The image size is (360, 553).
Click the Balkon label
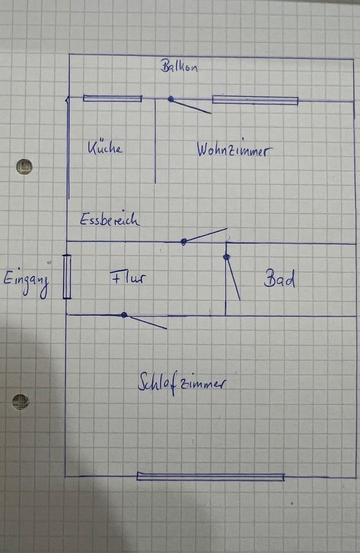[179, 66]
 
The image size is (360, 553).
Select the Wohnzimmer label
[233, 150]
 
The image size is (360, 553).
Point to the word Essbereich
[109, 219]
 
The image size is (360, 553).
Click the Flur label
[127, 278]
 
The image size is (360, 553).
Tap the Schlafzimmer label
[181, 382]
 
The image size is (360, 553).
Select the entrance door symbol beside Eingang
[67, 277]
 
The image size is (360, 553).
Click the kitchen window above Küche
[112, 99]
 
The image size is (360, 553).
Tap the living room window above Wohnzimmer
[255, 100]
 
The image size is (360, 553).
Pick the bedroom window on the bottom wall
[210, 476]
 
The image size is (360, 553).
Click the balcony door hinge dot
[170, 99]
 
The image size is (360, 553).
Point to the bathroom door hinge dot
[227, 257]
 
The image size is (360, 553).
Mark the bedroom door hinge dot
[124, 315]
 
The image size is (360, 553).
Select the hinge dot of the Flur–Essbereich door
[184, 242]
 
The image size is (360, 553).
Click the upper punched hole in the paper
[24, 167]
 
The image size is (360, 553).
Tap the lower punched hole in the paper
[21, 402]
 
